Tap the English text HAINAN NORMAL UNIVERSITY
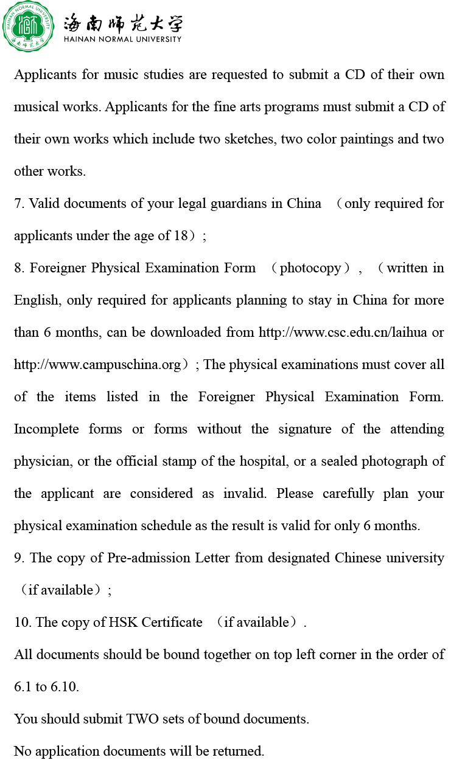tap(122, 40)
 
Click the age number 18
tap(181, 236)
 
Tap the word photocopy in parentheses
tap(310, 268)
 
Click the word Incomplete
tap(46, 429)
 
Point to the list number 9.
tap(18, 558)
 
